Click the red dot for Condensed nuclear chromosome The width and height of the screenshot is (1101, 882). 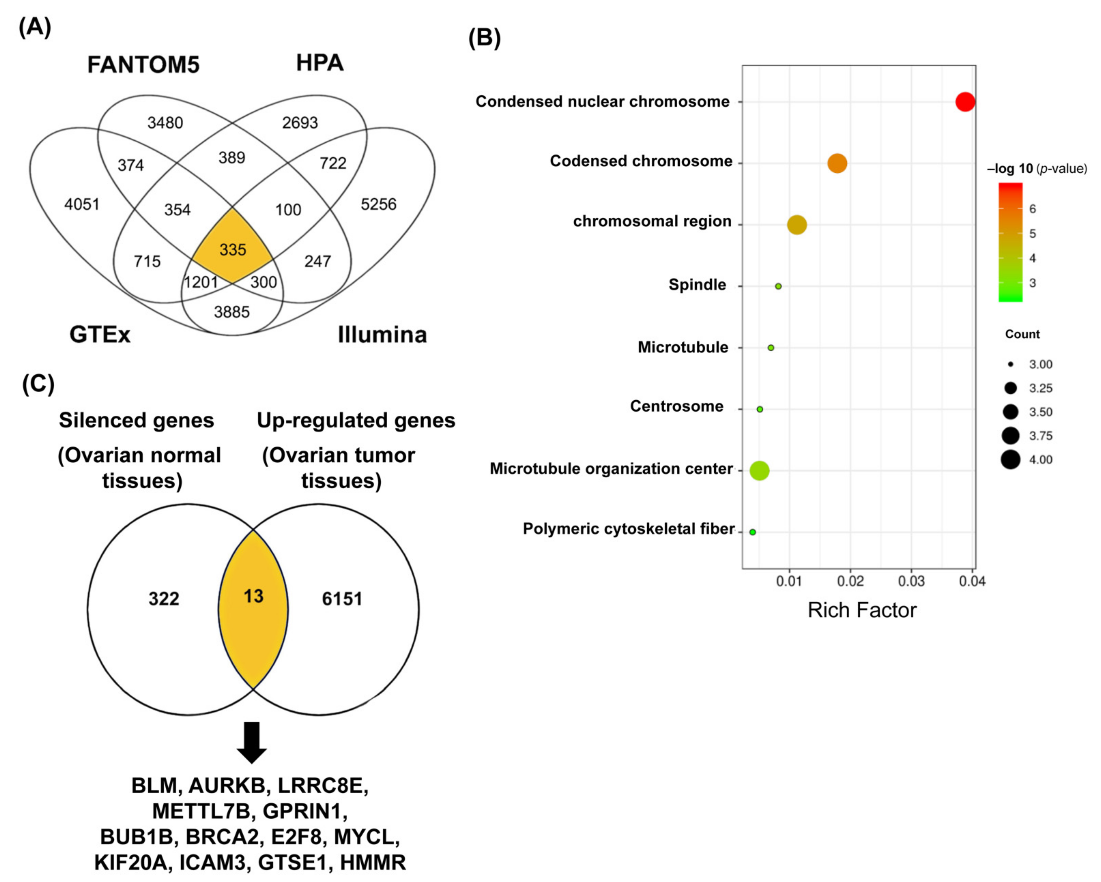point(965,102)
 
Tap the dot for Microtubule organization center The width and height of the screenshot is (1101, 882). point(759,470)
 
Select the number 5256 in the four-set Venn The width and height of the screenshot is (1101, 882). point(378,204)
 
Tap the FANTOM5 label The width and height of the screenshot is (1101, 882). point(143,65)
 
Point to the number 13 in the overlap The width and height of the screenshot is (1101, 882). point(253,596)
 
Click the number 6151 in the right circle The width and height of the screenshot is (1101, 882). point(342,599)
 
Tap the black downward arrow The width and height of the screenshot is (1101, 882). point(252,742)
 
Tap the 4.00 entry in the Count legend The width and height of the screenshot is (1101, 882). point(1040,460)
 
